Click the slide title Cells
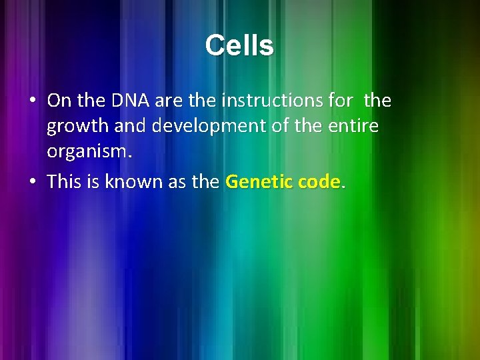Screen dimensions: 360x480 (239, 45)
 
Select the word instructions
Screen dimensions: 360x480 (270, 101)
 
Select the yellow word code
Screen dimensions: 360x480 (317, 181)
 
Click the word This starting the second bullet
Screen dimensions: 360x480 (63, 181)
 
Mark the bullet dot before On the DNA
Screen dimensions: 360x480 (32, 101)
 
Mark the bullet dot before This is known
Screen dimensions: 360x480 (32, 182)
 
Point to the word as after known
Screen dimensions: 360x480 (174, 181)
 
